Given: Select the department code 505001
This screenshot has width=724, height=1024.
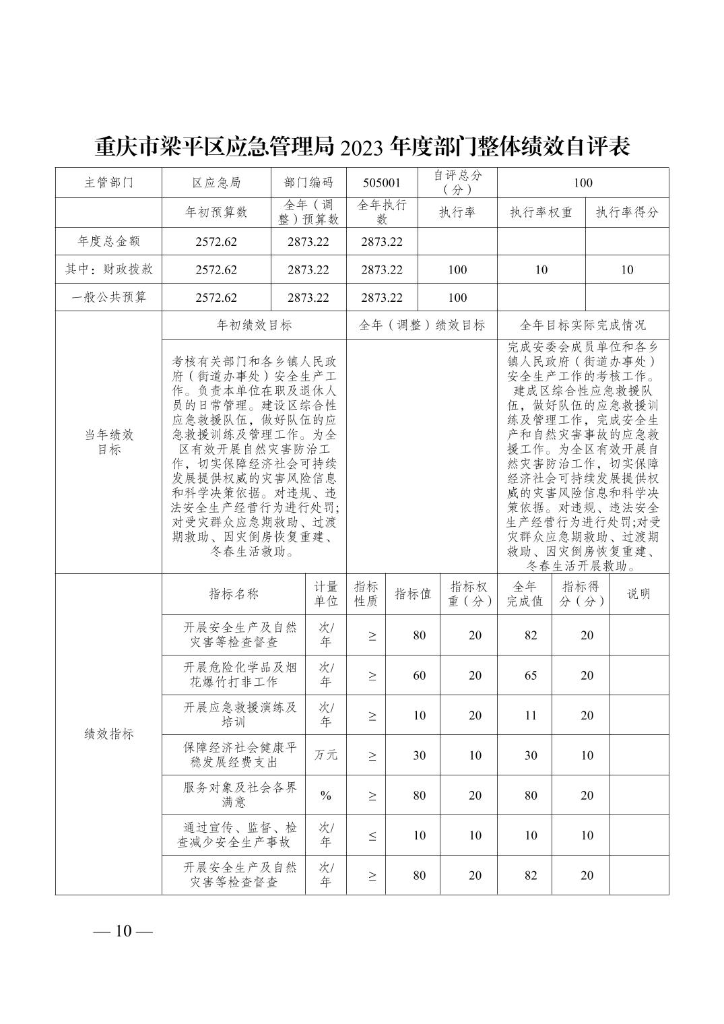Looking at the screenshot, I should (382, 183).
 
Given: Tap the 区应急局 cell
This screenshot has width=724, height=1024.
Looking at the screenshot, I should (216, 183).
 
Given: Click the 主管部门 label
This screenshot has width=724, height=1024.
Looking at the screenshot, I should (109, 183).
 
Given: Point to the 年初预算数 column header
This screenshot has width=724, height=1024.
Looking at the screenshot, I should (216, 212).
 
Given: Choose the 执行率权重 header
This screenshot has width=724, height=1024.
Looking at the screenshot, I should (541, 212).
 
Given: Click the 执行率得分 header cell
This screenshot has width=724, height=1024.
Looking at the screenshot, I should (626, 212).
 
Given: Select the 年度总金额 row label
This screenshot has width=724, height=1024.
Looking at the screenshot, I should (109, 241).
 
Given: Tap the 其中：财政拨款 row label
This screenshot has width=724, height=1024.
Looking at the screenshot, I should (109, 269).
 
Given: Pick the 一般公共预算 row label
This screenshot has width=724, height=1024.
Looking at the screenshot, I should (109, 297).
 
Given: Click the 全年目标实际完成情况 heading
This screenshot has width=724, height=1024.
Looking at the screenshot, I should (583, 325).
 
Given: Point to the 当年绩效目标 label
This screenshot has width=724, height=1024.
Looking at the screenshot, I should (109, 442).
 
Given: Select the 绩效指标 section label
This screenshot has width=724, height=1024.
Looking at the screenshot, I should (109, 734).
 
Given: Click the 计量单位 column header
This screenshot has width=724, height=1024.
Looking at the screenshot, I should (326, 594).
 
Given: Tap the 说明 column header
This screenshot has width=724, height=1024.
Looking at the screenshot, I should (638, 594).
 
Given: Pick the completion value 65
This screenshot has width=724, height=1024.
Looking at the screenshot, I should (531, 676).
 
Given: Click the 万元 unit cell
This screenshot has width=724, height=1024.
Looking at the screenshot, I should (326, 755).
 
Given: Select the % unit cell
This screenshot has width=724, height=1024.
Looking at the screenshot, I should (326, 796).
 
